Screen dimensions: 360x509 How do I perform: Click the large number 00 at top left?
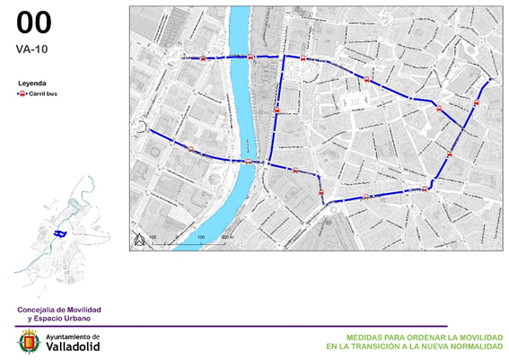(34, 23)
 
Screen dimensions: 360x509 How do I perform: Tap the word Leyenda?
(32, 83)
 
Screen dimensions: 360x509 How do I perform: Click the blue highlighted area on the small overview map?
(61, 233)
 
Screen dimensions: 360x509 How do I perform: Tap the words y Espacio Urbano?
(62, 319)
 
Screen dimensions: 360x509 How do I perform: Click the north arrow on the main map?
(139, 239)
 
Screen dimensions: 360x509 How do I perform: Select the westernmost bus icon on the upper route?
(204, 57)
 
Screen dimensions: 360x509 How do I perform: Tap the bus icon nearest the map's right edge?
(476, 103)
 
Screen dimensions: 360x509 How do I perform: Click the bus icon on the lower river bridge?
(248, 162)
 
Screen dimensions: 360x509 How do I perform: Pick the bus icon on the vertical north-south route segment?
(276, 110)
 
